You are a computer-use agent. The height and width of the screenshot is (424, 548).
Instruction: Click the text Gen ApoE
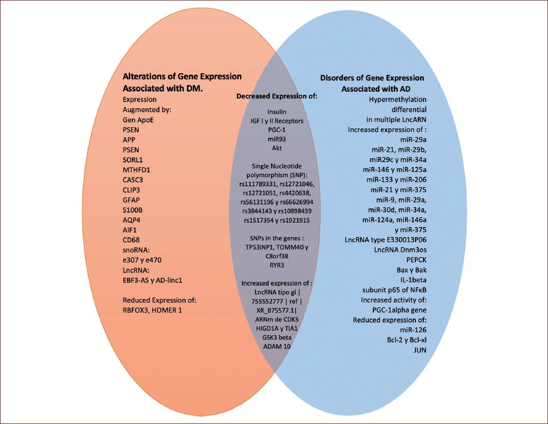[138, 120]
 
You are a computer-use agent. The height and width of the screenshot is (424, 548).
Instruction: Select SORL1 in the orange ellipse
[133, 160]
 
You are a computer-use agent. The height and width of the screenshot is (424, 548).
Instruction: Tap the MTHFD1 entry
[136, 169]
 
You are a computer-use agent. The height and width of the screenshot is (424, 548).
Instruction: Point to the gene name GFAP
[131, 200]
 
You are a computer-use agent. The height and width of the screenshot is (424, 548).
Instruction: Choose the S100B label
[132, 210]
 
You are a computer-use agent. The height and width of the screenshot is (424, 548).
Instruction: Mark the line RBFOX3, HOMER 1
[152, 310]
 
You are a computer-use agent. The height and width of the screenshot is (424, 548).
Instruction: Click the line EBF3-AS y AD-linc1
[153, 280]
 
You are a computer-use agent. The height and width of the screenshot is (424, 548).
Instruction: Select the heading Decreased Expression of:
[277, 96]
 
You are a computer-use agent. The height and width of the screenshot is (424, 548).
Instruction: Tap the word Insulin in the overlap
[277, 111]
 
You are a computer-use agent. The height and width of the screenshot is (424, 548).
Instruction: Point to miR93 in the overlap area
[277, 139]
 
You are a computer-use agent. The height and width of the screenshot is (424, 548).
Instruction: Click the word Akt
[277, 148]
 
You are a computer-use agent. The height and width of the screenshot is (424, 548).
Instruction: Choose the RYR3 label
[277, 265]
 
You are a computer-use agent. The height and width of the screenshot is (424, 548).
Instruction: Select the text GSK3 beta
[277, 337]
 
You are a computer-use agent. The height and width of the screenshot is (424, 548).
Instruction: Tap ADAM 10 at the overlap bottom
[277, 347]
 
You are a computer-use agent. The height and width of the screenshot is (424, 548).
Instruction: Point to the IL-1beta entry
[413, 280]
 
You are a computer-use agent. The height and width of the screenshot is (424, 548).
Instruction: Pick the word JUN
[419, 350]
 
